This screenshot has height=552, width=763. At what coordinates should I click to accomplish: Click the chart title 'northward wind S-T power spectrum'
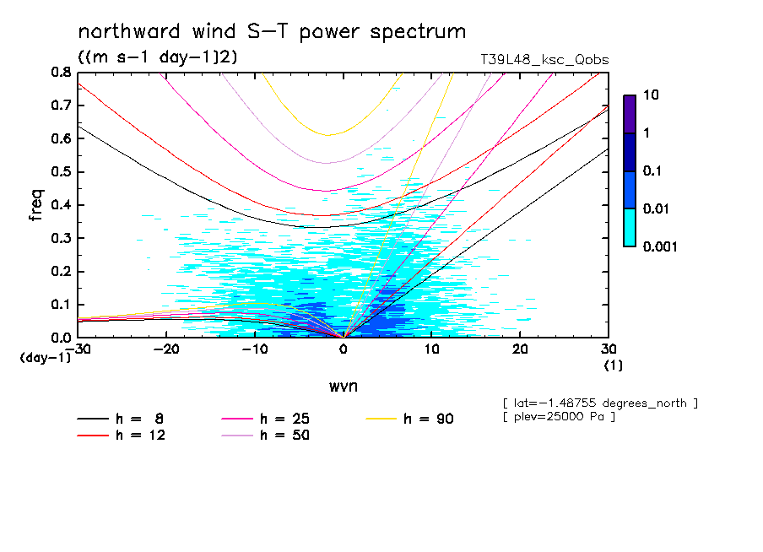(x=272, y=32)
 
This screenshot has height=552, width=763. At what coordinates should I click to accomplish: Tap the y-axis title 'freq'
(x=35, y=205)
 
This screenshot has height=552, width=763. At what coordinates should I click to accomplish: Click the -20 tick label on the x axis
(x=166, y=349)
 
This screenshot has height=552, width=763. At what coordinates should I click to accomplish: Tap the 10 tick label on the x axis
(x=431, y=349)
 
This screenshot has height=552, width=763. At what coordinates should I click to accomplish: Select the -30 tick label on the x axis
(x=78, y=349)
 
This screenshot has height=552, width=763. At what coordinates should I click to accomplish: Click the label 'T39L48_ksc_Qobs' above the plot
(x=544, y=60)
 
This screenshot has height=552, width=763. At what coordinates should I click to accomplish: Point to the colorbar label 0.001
(x=659, y=246)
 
